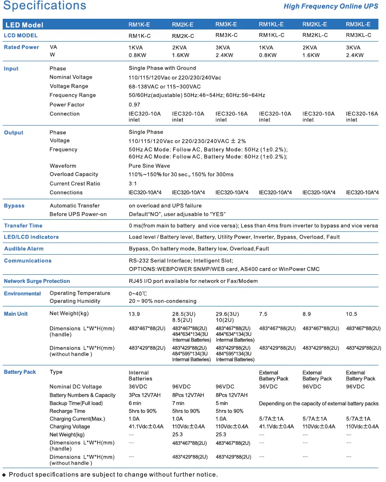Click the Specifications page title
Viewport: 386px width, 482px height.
(45, 6)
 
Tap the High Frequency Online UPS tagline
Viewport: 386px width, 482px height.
(331, 6)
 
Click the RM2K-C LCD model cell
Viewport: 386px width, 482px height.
(183, 36)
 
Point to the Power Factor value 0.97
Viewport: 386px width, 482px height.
(134, 105)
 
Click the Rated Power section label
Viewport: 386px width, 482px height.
(21, 47)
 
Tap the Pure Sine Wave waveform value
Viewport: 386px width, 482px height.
(149, 166)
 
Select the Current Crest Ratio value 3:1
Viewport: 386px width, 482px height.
(133, 184)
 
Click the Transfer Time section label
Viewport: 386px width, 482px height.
(23, 226)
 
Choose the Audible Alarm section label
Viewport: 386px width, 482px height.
(24, 249)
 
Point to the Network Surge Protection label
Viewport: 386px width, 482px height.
(37, 281)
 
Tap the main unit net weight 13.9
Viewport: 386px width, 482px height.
(134, 314)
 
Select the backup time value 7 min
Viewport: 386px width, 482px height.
(178, 403)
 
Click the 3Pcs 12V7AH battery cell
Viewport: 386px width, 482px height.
(145, 395)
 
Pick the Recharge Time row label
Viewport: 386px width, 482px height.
(67, 411)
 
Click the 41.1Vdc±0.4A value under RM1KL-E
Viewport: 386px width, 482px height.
(277, 427)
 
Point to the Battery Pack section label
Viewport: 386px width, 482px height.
(20, 372)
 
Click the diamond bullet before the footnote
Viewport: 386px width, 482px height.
(4, 475)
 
